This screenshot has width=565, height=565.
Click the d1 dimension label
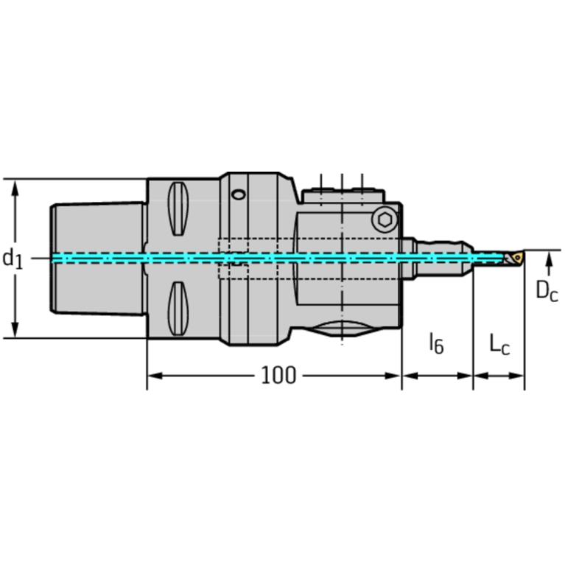13,258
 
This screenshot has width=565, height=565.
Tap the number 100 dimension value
278,376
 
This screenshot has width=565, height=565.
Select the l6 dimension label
436,343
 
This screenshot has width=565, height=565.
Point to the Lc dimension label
499,343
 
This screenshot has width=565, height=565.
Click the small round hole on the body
238,195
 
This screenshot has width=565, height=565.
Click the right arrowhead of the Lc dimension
519,376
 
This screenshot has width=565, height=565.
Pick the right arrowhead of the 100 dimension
396,376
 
